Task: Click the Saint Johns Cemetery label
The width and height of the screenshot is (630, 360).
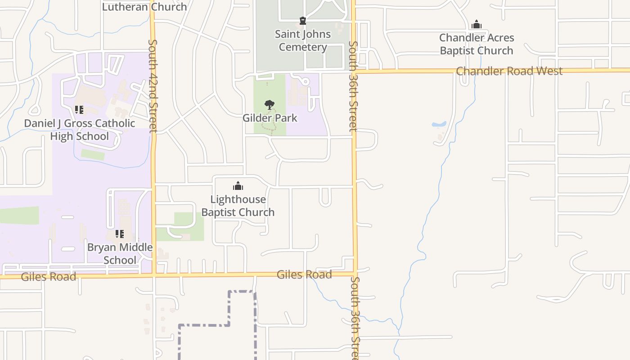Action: (x=303, y=40)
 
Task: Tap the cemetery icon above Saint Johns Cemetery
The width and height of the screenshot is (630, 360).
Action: (x=303, y=21)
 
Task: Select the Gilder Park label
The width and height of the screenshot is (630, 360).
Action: (x=270, y=118)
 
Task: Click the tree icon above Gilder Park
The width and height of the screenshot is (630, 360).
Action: (x=270, y=105)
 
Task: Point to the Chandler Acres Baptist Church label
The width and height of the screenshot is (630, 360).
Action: (x=477, y=44)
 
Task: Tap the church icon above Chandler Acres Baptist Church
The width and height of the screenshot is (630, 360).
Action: (x=477, y=24)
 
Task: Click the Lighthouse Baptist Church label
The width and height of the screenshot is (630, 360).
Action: (x=238, y=206)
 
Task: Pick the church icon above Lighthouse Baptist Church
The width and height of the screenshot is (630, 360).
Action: (x=238, y=186)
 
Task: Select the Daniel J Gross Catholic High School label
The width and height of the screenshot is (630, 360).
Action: (x=80, y=130)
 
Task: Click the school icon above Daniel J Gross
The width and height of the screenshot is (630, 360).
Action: (x=79, y=109)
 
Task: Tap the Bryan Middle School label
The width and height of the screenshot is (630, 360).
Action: (x=120, y=253)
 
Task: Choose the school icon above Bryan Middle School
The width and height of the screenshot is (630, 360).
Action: (x=120, y=234)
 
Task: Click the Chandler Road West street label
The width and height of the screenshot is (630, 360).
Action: (x=509, y=71)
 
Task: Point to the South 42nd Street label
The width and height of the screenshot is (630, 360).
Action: (x=153, y=85)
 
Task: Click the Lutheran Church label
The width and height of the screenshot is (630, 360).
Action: (x=144, y=7)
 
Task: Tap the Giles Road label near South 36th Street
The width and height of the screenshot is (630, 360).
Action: (x=304, y=274)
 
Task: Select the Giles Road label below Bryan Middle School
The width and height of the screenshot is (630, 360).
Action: (x=49, y=276)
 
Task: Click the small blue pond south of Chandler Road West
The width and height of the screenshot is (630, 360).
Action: (x=439, y=124)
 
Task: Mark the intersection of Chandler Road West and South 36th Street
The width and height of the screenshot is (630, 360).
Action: (x=354, y=71)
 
